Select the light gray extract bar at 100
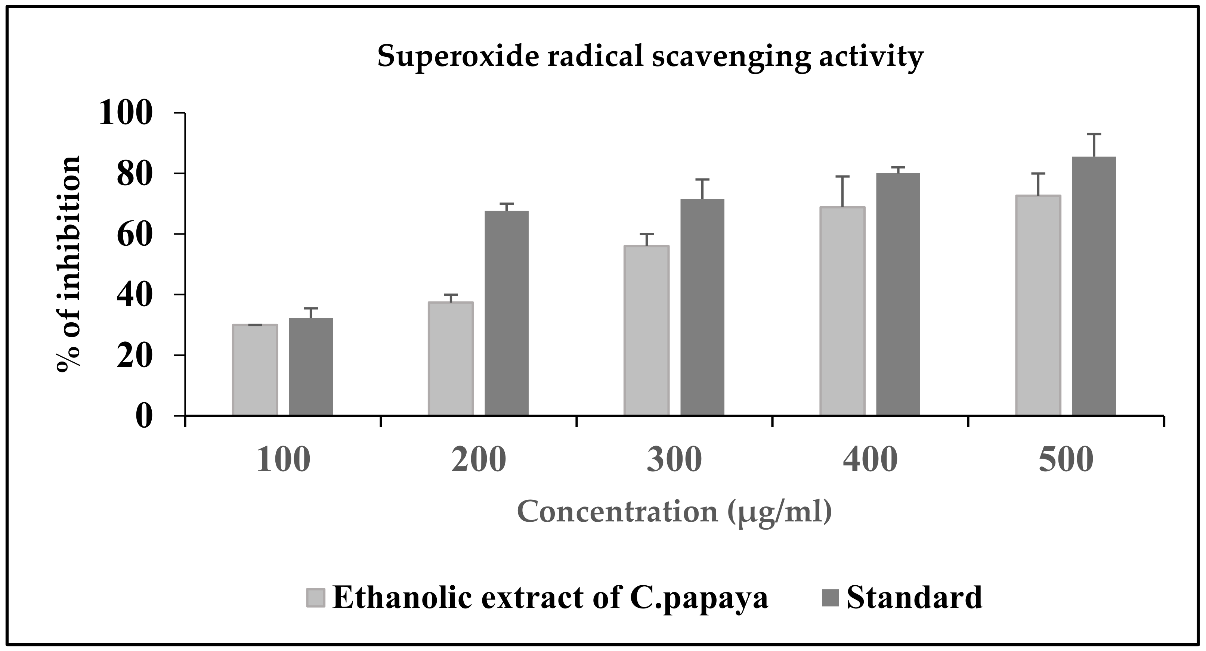[x=255, y=370]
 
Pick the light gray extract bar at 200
[x=451, y=359]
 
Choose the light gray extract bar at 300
[x=647, y=331]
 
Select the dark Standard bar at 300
[x=702, y=307]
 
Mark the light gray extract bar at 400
[x=842, y=311]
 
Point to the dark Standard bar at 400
[x=898, y=294]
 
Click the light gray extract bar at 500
[x=1038, y=305]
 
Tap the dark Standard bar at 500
[x=1094, y=286]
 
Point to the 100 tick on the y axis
[x=126, y=114]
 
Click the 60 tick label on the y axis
[x=135, y=235]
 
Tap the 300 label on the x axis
[x=674, y=460]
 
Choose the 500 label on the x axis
[x=1066, y=460]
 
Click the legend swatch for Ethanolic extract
[x=316, y=597]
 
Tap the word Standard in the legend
[x=914, y=597]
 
